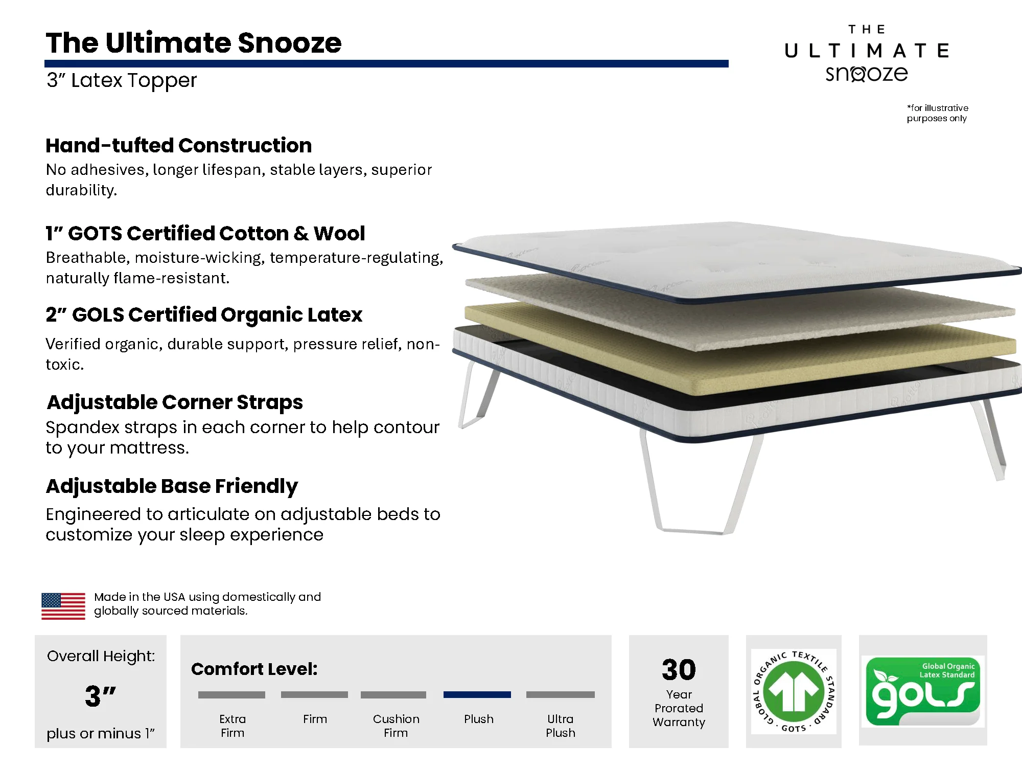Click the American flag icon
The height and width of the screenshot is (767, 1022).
63,606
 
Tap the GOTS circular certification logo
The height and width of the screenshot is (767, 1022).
794,691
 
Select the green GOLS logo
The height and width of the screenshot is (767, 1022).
923,691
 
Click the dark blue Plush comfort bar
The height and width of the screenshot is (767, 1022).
477,695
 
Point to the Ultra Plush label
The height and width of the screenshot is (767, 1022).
561,726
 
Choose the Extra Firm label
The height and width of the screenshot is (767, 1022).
233,726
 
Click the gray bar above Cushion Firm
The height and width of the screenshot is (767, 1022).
393,695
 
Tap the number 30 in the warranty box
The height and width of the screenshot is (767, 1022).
679,669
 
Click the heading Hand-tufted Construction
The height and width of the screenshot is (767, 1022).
179,146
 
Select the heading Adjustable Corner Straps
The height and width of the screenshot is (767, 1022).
175,402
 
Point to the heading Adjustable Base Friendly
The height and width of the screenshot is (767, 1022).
172,486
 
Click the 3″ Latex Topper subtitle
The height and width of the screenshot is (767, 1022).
122,80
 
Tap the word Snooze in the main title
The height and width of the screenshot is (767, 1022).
289,42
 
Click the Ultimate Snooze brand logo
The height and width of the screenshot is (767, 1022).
867,54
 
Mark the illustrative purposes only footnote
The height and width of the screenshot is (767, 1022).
937,113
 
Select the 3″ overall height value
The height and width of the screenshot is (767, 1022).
101,696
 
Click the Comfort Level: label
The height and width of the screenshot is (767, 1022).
254,669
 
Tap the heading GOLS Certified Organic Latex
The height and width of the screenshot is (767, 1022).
204,315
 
